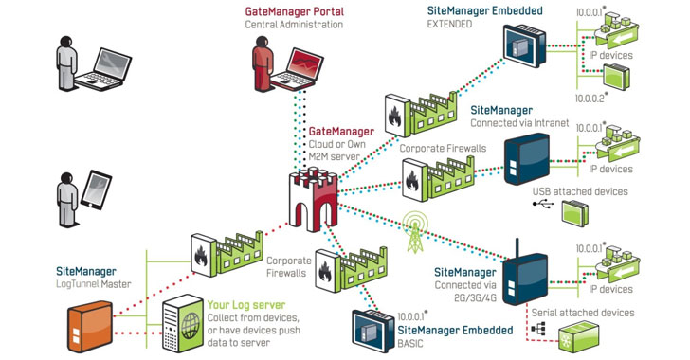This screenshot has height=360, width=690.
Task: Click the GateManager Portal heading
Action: click(x=294, y=10)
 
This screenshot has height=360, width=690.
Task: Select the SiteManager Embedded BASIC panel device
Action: click(x=370, y=328)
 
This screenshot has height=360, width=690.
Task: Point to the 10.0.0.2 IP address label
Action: click(x=592, y=98)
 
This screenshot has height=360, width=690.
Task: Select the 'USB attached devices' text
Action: click(x=580, y=191)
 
